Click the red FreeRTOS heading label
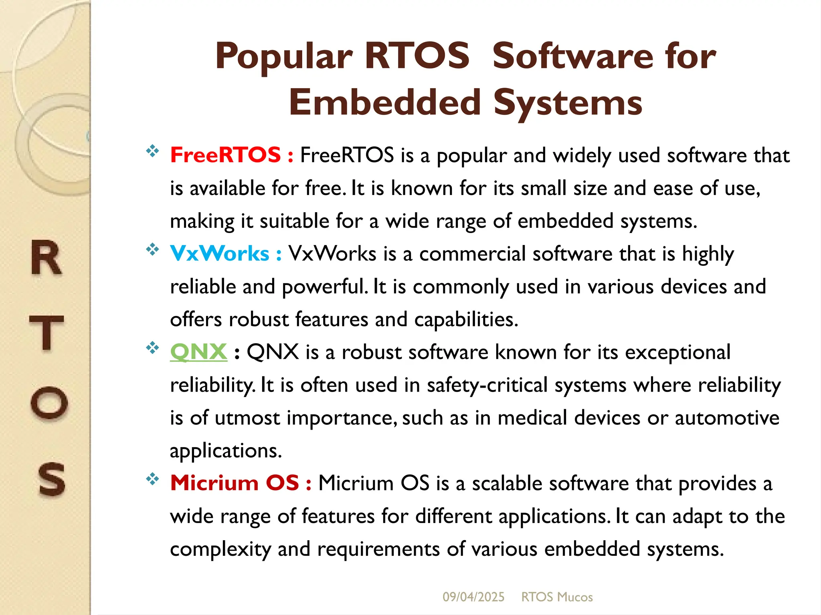click(x=225, y=155)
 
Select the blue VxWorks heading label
click(x=219, y=253)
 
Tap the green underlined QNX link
click(x=198, y=352)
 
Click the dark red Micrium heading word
click(x=214, y=482)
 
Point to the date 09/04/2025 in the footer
click(x=473, y=597)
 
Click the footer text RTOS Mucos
click(x=557, y=597)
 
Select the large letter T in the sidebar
click(x=47, y=332)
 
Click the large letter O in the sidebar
click(x=49, y=402)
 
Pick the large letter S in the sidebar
click(x=51, y=479)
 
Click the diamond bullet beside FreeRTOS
click(x=152, y=151)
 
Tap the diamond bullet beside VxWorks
click(x=152, y=250)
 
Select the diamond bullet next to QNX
click(x=152, y=348)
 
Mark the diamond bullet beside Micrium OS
click(x=152, y=479)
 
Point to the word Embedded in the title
click(x=385, y=102)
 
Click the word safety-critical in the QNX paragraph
click(x=487, y=386)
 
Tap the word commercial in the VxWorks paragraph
click(x=472, y=254)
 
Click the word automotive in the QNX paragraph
click(x=727, y=418)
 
